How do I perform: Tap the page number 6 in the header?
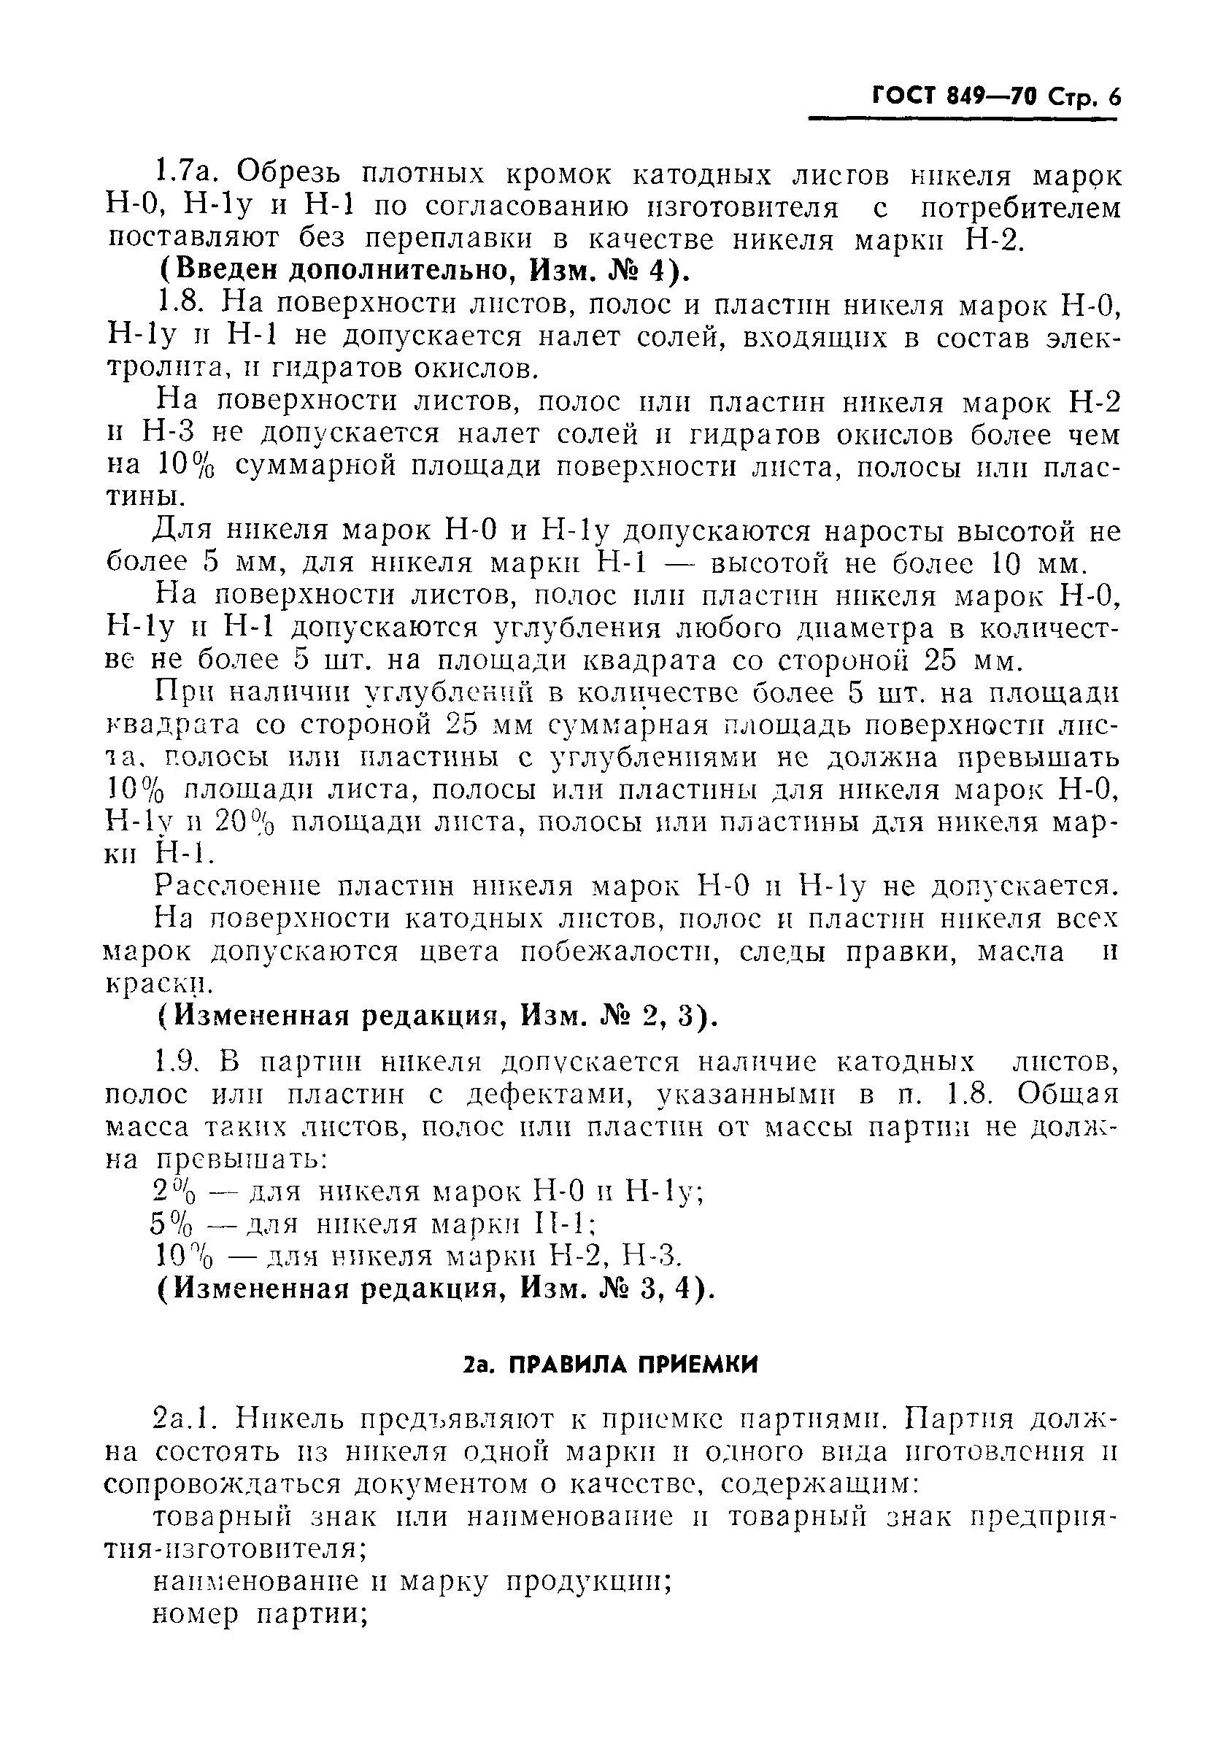[x=1115, y=98]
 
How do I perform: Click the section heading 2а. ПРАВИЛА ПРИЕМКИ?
[x=611, y=1365]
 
